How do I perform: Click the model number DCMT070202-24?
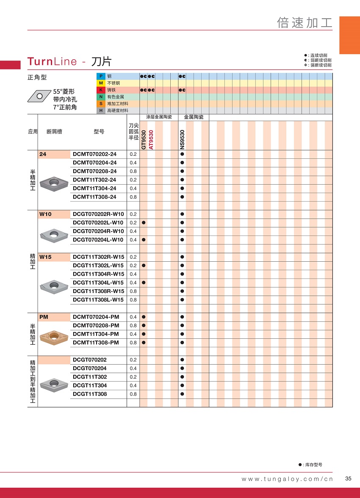click(x=94, y=155)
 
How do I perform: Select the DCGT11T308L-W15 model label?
click(x=98, y=300)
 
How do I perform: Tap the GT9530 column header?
click(x=144, y=140)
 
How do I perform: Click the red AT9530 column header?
click(x=151, y=140)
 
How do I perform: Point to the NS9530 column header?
click(x=182, y=140)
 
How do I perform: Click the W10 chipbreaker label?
click(x=45, y=214)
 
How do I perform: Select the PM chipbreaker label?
click(x=44, y=317)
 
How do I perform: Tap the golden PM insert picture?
click(x=54, y=337)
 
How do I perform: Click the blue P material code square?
click(x=101, y=76)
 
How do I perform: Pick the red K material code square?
click(x=101, y=90)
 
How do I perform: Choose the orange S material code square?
click(x=101, y=104)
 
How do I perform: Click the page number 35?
click(x=348, y=479)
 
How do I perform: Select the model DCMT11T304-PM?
click(x=96, y=334)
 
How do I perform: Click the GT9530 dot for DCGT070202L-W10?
click(x=144, y=223)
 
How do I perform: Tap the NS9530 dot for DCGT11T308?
click(x=182, y=394)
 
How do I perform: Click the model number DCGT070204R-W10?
click(x=98, y=231)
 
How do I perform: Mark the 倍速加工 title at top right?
click(x=305, y=23)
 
